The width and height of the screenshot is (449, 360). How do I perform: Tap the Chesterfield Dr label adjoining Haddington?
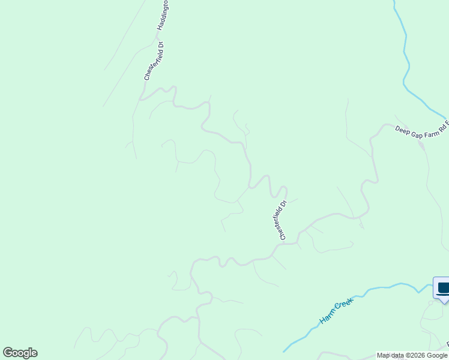pyautogui.click(x=154, y=60)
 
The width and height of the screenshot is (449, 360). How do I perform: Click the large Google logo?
pyautogui.click(x=20, y=353)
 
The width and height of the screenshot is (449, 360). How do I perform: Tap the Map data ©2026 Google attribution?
pyautogui.click(x=412, y=355)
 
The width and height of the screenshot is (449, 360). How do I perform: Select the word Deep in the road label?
pyautogui.click(x=401, y=128)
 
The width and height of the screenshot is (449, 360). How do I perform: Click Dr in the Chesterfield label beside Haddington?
pyautogui.click(x=160, y=45)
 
